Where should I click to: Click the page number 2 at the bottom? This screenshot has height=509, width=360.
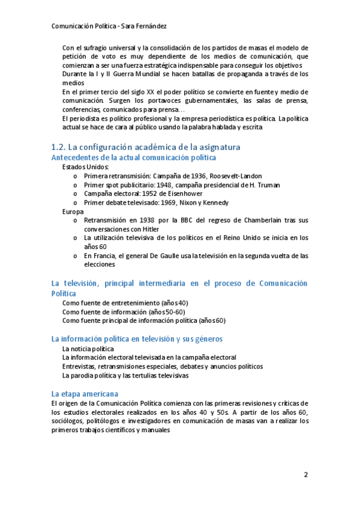click(x=305, y=475)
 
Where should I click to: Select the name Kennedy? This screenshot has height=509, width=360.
click(x=213, y=203)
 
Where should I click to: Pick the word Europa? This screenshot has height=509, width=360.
click(x=73, y=212)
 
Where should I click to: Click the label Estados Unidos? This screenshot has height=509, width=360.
click(x=86, y=167)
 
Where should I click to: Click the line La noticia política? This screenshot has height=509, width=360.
click(x=88, y=348)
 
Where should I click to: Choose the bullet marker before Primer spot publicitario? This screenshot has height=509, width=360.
click(x=74, y=185)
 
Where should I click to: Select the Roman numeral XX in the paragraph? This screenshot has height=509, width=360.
click(x=142, y=92)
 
